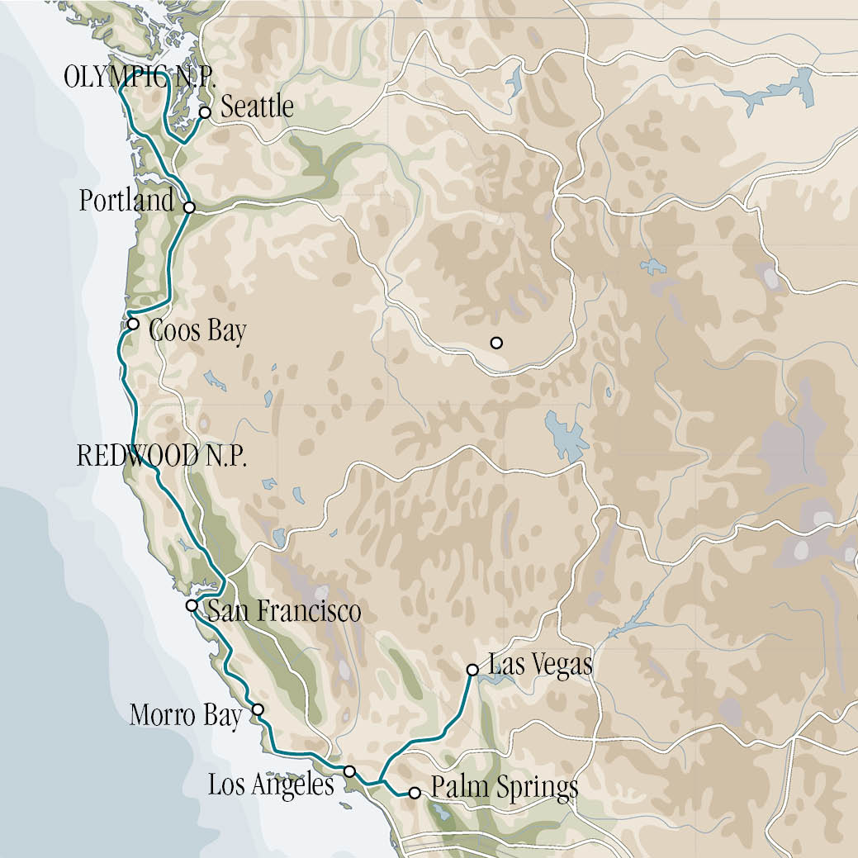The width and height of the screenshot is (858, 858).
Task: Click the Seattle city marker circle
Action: point(205,111)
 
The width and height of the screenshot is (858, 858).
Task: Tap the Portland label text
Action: point(126,201)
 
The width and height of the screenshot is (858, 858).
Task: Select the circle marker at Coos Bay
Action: point(133,323)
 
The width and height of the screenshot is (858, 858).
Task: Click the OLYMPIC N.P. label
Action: point(140,78)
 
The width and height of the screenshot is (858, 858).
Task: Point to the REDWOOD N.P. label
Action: point(161,457)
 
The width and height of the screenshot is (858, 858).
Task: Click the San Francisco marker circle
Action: point(192,605)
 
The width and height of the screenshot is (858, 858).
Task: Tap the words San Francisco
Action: point(283,612)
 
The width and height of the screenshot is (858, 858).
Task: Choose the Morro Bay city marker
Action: point(258,709)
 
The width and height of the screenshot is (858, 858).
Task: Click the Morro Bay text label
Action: point(185,715)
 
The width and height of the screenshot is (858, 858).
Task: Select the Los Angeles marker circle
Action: point(349,771)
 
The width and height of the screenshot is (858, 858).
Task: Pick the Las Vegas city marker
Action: point(472,670)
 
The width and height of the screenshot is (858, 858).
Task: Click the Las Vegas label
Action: point(540,665)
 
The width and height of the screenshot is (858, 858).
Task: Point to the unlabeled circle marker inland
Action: point(496,343)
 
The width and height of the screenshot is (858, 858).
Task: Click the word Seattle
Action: point(258,107)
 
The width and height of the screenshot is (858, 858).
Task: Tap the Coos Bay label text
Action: point(197,332)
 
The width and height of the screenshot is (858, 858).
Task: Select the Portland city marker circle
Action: point(189,207)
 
